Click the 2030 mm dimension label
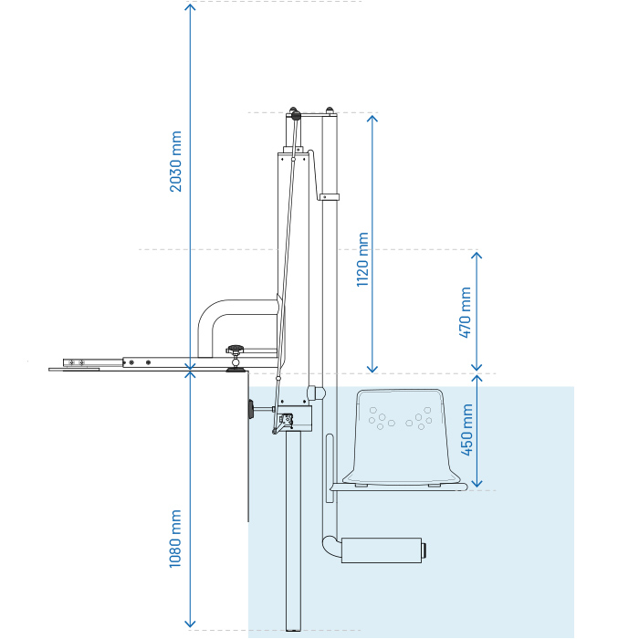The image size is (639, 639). point(176,162)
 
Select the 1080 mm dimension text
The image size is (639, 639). point(176,539)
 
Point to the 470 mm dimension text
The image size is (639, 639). point(466,312)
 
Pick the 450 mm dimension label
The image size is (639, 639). point(466,430)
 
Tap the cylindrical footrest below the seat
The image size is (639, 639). point(383,550)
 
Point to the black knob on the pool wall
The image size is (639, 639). point(249,410)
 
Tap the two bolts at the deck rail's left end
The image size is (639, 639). point(75,362)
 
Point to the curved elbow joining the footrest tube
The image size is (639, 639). point(327,546)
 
